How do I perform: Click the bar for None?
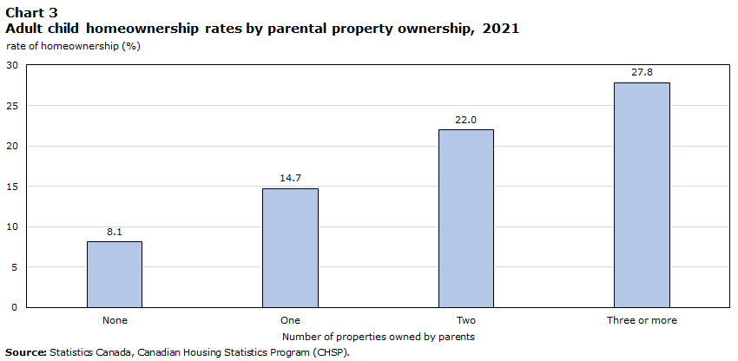(x=115, y=274)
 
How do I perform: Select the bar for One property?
(x=290, y=247)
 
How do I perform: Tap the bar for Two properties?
(x=466, y=218)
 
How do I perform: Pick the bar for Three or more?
(x=642, y=194)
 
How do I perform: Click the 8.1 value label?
(x=115, y=232)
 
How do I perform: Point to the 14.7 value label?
(x=290, y=179)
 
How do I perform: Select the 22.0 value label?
(x=466, y=120)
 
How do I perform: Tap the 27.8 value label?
(x=642, y=73)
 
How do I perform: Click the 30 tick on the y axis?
(x=12, y=65)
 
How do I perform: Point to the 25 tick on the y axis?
(x=12, y=106)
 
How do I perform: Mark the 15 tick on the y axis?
(x=12, y=187)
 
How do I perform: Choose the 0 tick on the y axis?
(x=16, y=307)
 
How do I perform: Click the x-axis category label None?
(x=115, y=320)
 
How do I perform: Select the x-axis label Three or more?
(x=642, y=320)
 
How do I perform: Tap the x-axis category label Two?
(x=466, y=320)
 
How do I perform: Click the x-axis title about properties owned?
(x=378, y=336)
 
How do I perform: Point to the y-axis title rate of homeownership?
(x=73, y=46)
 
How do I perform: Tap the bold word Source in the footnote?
(x=26, y=352)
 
